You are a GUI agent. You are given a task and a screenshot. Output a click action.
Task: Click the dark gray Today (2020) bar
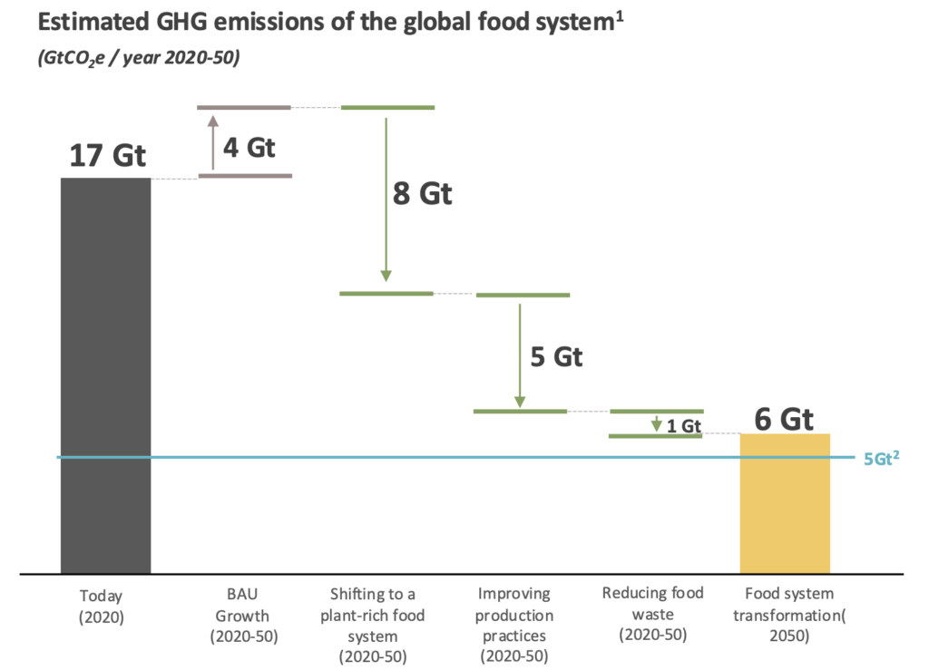coord(105,375)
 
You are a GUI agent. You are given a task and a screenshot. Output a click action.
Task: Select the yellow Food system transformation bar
coord(785,503)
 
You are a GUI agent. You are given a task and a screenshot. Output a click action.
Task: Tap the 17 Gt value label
coord(107,155)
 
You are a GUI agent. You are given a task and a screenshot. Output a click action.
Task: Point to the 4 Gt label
coord(249,147)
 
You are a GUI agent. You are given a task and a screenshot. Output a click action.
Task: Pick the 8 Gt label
coord(422,194)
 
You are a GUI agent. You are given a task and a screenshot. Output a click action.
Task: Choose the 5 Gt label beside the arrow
coord(556,356)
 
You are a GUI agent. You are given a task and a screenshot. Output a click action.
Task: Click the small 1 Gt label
coord(685,425)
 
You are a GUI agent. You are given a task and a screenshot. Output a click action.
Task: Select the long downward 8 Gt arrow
coord(386,199)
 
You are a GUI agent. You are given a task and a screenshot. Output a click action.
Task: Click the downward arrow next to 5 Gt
coord(520,355)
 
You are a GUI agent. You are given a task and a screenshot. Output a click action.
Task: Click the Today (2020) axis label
coord(100,606)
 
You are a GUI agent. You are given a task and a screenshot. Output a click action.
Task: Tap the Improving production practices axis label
coord(513,625)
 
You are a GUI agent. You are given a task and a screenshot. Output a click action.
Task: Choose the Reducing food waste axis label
coord(652,614)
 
